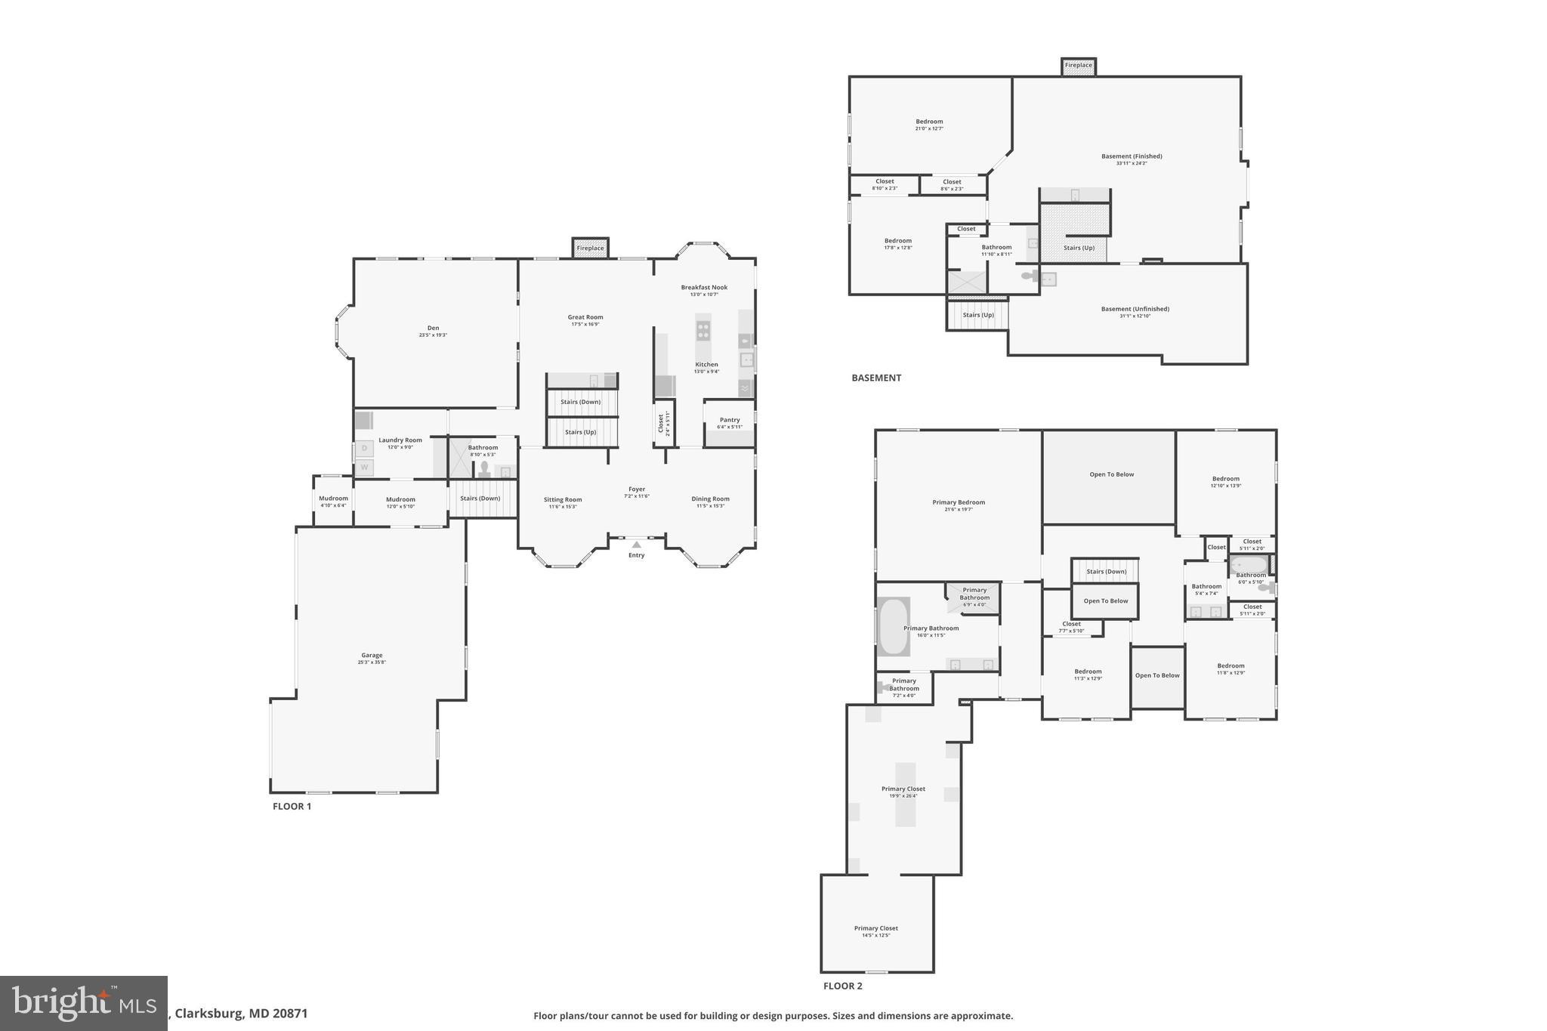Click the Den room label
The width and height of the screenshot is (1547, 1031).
pyautogui.click(x=433, y=329)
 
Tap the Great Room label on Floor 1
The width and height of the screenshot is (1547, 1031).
pyautogui.click(x=585, y=318)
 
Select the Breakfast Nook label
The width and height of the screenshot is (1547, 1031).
pyautogui.click(x=704, y=288)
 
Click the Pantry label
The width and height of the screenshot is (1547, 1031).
pyautogui.click(x=730, y=420)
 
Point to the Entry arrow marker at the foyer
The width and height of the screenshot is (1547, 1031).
pyautogui.click(x=637, y=545)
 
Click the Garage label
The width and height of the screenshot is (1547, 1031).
pyautogui.click(x=372, y=656)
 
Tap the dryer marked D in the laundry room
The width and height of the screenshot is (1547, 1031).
pyautogui.click(x=365, y=449)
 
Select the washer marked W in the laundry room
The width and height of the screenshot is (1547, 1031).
pyautogui.click(x=365, y=468)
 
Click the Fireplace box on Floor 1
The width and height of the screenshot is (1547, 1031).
pyautogui.click(x=590, y=248)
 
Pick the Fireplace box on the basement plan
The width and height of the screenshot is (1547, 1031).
pyautogui.click(x=1078, y=66)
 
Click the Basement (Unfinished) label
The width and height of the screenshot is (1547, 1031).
pyautogui.click(x=1135, y=309)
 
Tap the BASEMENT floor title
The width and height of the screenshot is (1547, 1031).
pyautogui.click(x=876, y=378)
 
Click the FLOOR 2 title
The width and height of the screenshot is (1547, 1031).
pyautogui.click(x=842, y=986)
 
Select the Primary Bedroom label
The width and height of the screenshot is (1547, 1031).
pyautogui.click(x=959, y=502)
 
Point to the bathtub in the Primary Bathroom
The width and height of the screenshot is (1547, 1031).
pyautogui.click(x=894, y=627)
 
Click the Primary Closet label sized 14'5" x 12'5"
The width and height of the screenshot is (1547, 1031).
pyautogui.click(x=876, y=928)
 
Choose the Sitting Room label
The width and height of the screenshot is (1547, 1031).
pyautogui.click(x=563, y=499)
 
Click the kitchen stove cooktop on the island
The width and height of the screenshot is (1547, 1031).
pyautogui.click(x=703, y=330)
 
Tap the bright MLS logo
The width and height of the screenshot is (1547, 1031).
pyautogui.click(x=83, y=1003)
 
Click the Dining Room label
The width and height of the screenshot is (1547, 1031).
pyautogui.click(x=710, y=499)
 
